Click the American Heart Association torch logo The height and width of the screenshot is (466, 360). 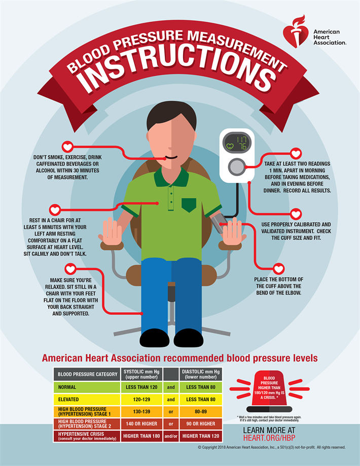[x=295, y=32]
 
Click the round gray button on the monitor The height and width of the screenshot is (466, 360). [x=237, y=167]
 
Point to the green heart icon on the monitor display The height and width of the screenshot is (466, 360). [x=230, y=146]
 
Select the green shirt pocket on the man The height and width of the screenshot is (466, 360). [x=189, y=205]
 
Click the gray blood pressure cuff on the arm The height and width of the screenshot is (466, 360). [x=218, y=223]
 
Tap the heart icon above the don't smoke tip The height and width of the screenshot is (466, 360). [x=67, y=147]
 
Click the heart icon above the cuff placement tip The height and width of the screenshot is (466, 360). [x=278, y=269]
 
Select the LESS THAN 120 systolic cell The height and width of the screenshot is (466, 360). [x=141, y=387]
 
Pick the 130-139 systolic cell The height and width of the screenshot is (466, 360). [x=141, y=412]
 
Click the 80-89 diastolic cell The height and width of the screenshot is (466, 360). [x=201, y=412]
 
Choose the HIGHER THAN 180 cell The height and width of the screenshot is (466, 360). [x=141, y=436]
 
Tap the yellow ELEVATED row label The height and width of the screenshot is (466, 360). [x=87, y=400]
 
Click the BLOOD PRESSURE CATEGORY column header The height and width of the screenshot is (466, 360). [x=87, y=374]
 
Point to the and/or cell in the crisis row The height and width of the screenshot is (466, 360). [x=171, y=436]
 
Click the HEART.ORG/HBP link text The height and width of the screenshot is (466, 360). [x=269, y=438]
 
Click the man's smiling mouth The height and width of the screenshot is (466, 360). [x=171, y=157]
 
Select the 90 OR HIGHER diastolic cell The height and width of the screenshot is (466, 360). [x=201, y=424]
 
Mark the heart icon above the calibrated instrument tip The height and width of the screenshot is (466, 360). [x=296, y=214]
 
